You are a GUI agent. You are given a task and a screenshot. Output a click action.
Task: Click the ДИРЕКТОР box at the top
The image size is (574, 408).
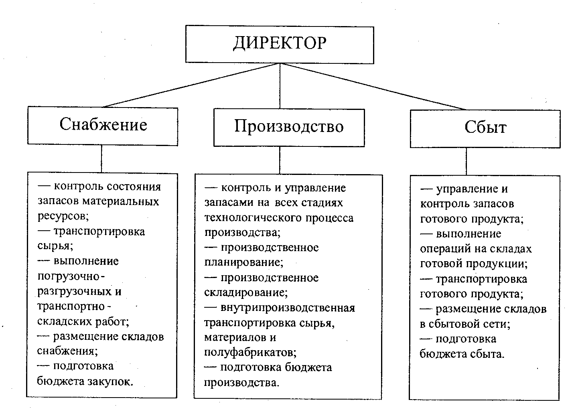[x=280, y=44]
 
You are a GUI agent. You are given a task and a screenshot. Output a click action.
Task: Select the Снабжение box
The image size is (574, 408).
[x=103, y=125]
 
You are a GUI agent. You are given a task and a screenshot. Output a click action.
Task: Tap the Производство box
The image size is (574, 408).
[x=289, y=127]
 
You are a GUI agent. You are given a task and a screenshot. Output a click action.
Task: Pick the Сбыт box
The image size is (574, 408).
[x=485, y=128]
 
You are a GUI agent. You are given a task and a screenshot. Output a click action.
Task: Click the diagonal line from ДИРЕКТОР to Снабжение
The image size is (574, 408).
[x=191, y=85]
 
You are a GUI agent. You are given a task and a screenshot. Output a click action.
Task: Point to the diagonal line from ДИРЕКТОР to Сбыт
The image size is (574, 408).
[x=373, y=86]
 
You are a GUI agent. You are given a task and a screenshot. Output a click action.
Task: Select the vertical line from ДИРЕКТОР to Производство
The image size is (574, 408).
[x=280, y=86]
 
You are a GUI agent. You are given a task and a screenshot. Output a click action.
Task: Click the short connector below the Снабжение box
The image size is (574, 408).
[x=101, y=159]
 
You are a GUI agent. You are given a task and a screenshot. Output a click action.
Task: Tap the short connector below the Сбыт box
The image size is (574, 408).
[x=466, y=161]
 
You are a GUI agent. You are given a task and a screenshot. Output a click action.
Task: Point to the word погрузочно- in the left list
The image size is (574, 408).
[x=71, y=276]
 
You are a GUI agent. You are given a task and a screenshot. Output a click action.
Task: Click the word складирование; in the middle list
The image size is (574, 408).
[x=246, y=292]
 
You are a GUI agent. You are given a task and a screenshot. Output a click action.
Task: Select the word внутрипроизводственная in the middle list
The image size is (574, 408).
[x=288, y=308]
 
